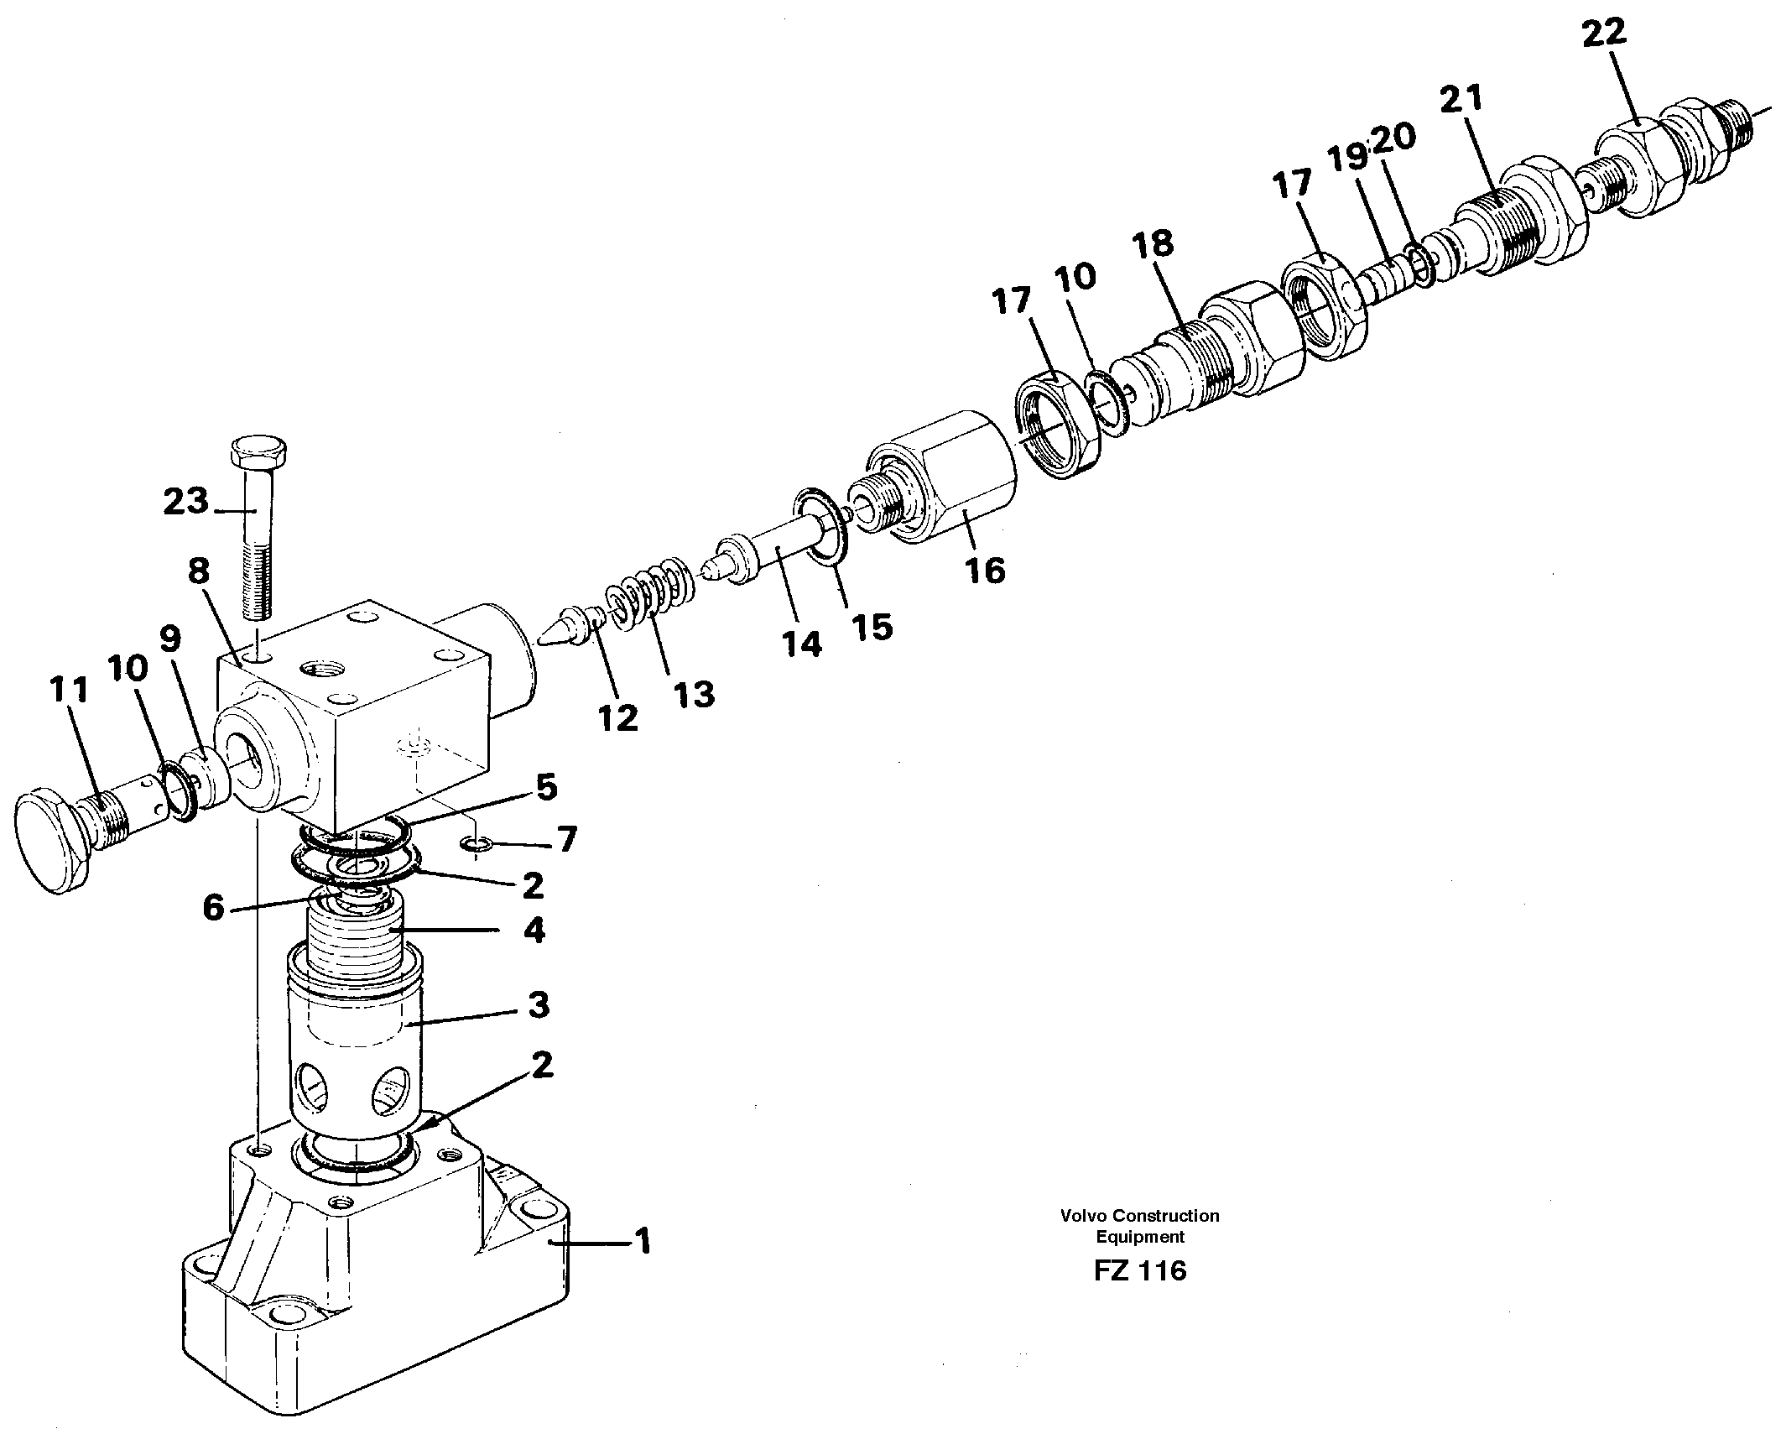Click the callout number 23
[x=185, y=503]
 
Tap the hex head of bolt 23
[x=259, y=453]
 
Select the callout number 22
[x=1604, y=34]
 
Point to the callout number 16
[x=984, y=571]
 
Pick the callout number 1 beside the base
[x=643, y=1241]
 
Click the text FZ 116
[x=1139, y=1270]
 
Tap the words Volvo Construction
[x=1139, y=1215]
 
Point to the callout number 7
[x=568, y=839]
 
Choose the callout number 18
[x=1151, y=245]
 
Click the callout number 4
[x=534, y=930]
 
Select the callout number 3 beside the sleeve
[x=538, y=1005]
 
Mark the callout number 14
[x=801, y=644]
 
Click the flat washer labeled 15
[x=820, y=529]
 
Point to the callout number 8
[x=198, y=572]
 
